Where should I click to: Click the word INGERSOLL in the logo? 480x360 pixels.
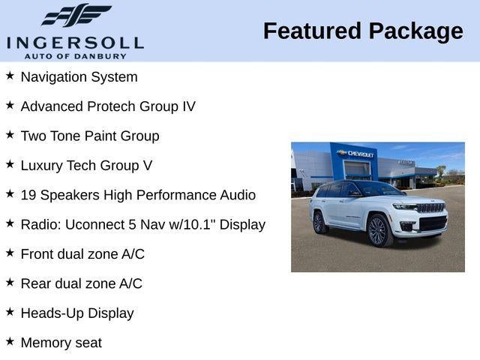click(75, 43)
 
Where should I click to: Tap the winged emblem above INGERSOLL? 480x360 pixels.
click(76, 16)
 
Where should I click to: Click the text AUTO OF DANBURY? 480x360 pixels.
click(75, 56)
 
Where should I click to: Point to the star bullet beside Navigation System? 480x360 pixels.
click(10, 76)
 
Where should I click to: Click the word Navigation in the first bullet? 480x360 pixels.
click(55, 76)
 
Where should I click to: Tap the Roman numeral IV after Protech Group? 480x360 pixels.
click(189, 106)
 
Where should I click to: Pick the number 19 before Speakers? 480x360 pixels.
click(28, 195)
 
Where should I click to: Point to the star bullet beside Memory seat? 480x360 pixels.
click(10, 341)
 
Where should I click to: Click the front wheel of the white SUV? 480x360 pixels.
click(377, 231)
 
